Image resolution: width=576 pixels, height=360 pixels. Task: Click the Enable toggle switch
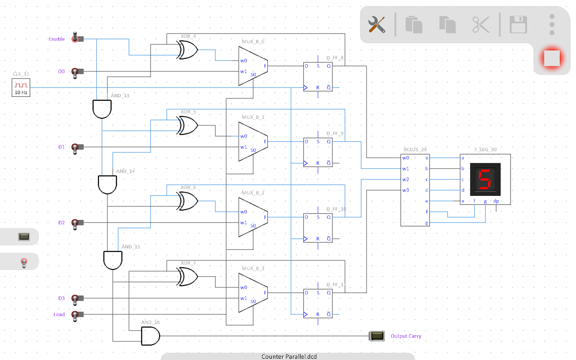(x=77, y=39)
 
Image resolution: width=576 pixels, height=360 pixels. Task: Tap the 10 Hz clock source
(x=21, y=87)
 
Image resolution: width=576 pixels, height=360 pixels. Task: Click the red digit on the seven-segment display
(x=484, y=179)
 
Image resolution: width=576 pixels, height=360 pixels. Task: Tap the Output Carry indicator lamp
(x=377, y=336)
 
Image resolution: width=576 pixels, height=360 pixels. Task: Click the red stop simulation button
(x=552, y=58)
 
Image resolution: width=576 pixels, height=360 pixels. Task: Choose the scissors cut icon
(x=481, y=24)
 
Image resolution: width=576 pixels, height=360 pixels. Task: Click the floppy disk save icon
(x=518, y=24)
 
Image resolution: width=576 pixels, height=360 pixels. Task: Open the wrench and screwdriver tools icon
(x=377, y=24)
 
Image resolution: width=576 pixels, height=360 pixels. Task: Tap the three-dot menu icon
(x=552, y=24)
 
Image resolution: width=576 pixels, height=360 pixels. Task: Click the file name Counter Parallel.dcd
(x=289, y=356)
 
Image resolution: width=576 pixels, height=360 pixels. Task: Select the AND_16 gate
(x=151, y=336)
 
